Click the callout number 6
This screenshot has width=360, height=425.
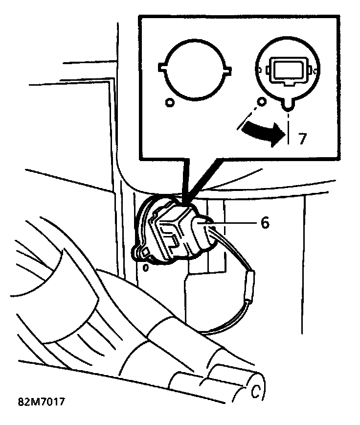[x=265, y=223]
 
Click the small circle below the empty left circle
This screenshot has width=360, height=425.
[x=169, y=103]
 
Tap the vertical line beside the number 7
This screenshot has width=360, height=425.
[x=290, y=132]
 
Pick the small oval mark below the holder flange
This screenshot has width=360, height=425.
[x=145, y=268]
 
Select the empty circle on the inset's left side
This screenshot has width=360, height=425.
[x=194, y=69]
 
